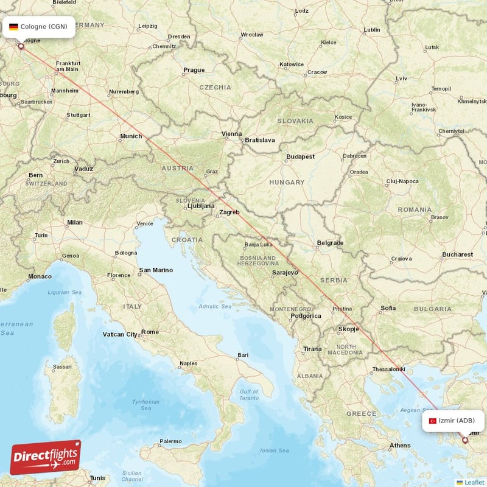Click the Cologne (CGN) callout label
pyautogui.click(x=40, y=26)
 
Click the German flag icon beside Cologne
pyautogui.click(x=13, y=27)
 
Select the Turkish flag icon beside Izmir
pyautogui.click(x=433, y=421)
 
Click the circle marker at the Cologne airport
pyautogui.click(x=21, y=46)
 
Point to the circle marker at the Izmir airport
pyautogui.click(x=465, y=440)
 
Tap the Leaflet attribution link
pyautogui.click(x=474, y=482)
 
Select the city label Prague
pyautogui.click(x=194, y=70)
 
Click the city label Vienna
pyautogui.click(x=232, y=134)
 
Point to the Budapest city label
pyautogui.click(x=301, y=156)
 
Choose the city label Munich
pyautogui.click(x=131, y=136)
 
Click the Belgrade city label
pyautogui.click(x=330, y=243)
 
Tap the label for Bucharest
pyautogui.click(x=458, y=254)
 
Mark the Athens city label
pyautogui.click(x=400, y=445)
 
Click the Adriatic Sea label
pyautogui.click(x=215, y=306)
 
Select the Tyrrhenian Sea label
pyautogui.click(x=146, y=405)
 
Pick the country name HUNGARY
pyautogui.click(x=287, y=182)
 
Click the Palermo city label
pyautogui.click(x=170, y=441)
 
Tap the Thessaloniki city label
pyautogui.click(x=388, y=369)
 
